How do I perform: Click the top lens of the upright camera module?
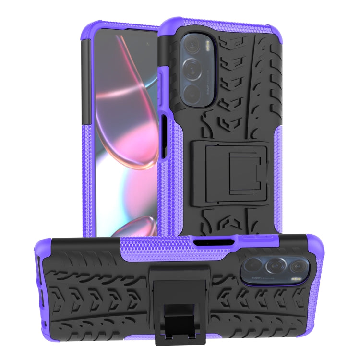[x=193, y=45]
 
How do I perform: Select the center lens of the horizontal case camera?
[x=275, y=266]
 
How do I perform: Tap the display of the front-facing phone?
[x=125, y=134]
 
